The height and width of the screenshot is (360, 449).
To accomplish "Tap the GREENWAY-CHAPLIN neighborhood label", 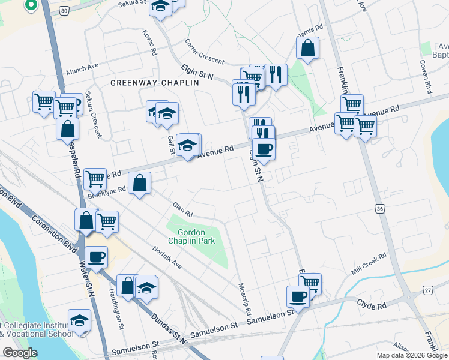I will pyautogui.click(x=154, y=83).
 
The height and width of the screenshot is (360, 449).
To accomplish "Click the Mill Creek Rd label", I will pyautogui.click(x=369, y=262).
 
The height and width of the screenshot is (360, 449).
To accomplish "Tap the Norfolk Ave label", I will pyautogui.click(x=167, y=257).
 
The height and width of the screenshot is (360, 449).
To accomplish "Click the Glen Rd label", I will pyautogui.click(x=182, y=210).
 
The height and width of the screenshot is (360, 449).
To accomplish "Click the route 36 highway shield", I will pyautogui.click(x=379, y=208).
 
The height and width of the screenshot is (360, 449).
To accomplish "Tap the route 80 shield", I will pyautogui.click(x=64, y=11).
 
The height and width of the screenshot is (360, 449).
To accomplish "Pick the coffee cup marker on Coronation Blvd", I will pyautogui.click(x=96, y=258).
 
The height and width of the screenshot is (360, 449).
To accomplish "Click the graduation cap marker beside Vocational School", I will pyautogui.click(x=79, y=321).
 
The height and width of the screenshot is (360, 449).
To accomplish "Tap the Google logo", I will pyautogui.click(x=20, y=353).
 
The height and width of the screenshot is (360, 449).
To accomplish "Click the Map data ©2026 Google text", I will pyautogui.click(x=412, y=355).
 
